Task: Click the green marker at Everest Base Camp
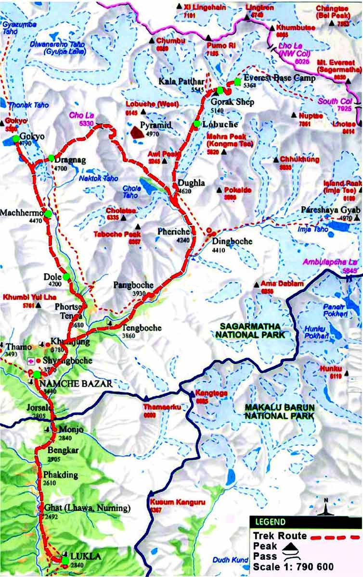[x=237, y=81]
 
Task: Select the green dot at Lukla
[x=65, y=560]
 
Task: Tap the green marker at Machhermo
[x=48, y=213]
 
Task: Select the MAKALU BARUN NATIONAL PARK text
[x=279, y=411]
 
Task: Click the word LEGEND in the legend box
[x=270, y=522]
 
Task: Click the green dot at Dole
[x=66, y=276]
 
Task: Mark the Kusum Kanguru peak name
[x=178, y=502]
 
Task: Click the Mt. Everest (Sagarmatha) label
[x=336, y=66]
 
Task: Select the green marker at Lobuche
[x=196, y=124]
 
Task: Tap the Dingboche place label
[x=232, y=241]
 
